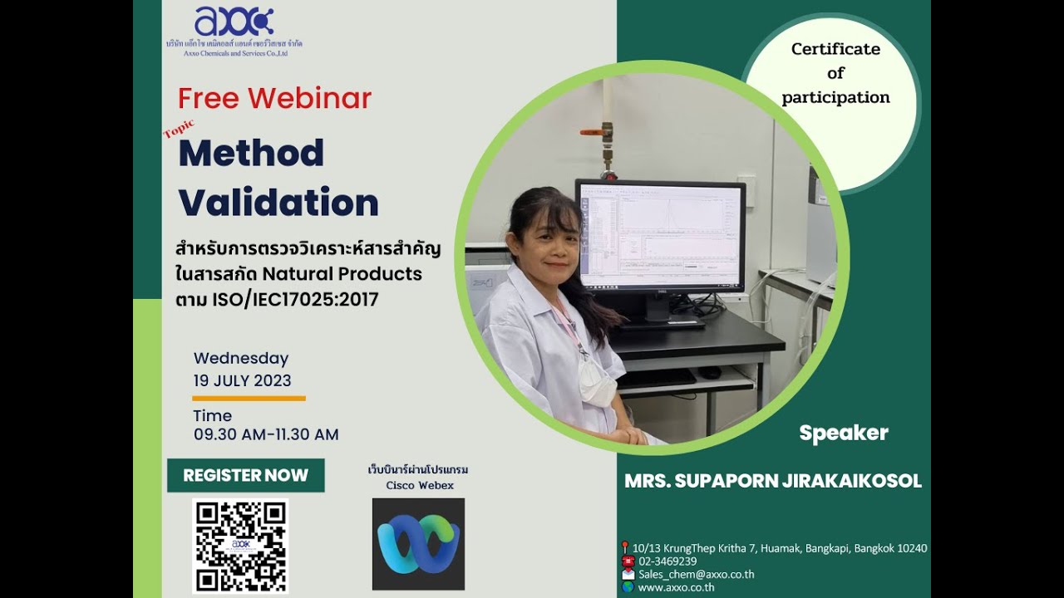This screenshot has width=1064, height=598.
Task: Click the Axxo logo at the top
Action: pyautogui.click(x=234, y=22)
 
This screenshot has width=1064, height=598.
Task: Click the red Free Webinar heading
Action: pyautogui.click(x=274, y=99)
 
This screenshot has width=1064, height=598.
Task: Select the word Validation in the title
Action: pyautogui.click(x=278, y=203)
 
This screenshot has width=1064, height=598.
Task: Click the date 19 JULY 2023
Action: pyautogui.click(x=242, y=380)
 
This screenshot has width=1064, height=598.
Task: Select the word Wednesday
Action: pyautogui.click(x=241, y=359)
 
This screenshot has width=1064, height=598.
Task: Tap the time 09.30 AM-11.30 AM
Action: pyautogui.click(x=266, y=434)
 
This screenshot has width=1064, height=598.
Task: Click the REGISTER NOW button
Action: pyautogui.click(x=245, y=475)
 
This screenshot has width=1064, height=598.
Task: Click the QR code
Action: pyautogui.click(x=240, y=546)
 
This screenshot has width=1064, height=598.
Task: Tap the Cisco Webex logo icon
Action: pyautogui.click(x=418, y=544)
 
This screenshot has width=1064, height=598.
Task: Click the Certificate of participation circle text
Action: pyautogui.click(x=835, y=73)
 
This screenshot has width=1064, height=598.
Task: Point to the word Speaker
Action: pyautogui.click(x=844, y=433)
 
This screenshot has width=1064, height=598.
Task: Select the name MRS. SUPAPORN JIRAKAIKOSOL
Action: pyautogui.click(x=773, y=481)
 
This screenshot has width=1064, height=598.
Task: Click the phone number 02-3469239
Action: pyautogui.click(x=667, y=561)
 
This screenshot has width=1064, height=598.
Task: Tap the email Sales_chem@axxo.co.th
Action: pyautogui.click(x=696, y=574)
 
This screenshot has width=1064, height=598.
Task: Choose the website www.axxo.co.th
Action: pyautogui.click(x=676, y=587)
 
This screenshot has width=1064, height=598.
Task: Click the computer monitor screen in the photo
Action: pyautogui.click(x=660, y=236)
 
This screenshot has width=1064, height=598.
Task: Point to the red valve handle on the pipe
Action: pyautogui.click(x=591, y=131)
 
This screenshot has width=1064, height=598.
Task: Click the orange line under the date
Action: pyautogui.click(x=249, y=399)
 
